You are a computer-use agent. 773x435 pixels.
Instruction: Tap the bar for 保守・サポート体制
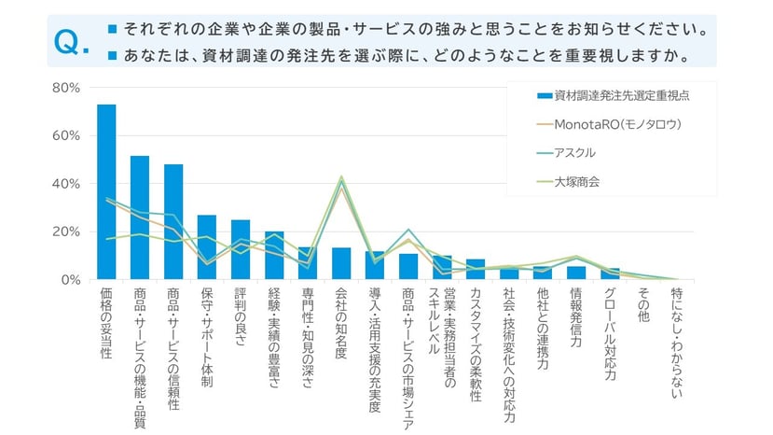(x=207, y=247)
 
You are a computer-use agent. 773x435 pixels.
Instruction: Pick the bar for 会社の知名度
(x=341, y=263)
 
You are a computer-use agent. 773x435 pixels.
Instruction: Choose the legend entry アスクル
(x=574, y=152)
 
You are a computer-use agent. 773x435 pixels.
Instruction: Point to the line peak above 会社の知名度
(x=341, y=176)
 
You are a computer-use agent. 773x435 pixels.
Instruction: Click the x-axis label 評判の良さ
(x=241, y=317)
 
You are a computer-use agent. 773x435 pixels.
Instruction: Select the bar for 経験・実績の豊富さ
(x=274, y=256)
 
